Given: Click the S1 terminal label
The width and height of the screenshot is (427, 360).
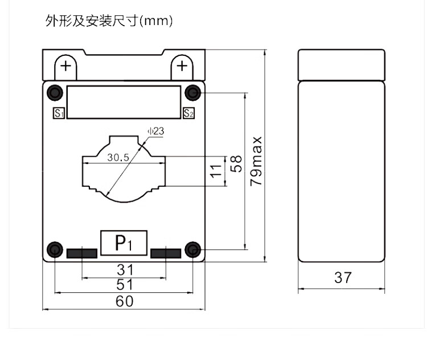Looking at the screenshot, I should click(58, 113).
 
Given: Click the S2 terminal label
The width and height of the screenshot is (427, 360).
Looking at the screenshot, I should click(189, 113).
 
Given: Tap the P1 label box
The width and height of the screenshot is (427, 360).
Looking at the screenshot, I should click(124, 242).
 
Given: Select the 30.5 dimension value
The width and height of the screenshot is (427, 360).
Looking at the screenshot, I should click(118, 157).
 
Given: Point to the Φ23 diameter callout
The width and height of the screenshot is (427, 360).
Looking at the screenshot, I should click(155, 132).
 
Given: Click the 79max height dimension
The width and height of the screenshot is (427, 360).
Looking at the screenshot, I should click(257, 161).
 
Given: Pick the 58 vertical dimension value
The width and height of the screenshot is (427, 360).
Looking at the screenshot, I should click(237, 164).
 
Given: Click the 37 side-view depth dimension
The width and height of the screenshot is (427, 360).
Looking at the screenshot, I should click(343, 278).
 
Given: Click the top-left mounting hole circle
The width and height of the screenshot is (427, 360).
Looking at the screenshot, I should click(55, 92).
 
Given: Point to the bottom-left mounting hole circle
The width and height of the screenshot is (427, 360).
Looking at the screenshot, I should click(55, 249).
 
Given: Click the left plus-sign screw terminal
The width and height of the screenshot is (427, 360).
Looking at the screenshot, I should click(66, 66).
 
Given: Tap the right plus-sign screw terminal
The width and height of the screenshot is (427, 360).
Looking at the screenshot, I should click(182, 66).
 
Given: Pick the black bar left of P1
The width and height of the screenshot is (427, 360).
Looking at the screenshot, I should click(82, 253).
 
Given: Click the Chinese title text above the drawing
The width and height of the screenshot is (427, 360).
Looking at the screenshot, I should click(109, 22).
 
